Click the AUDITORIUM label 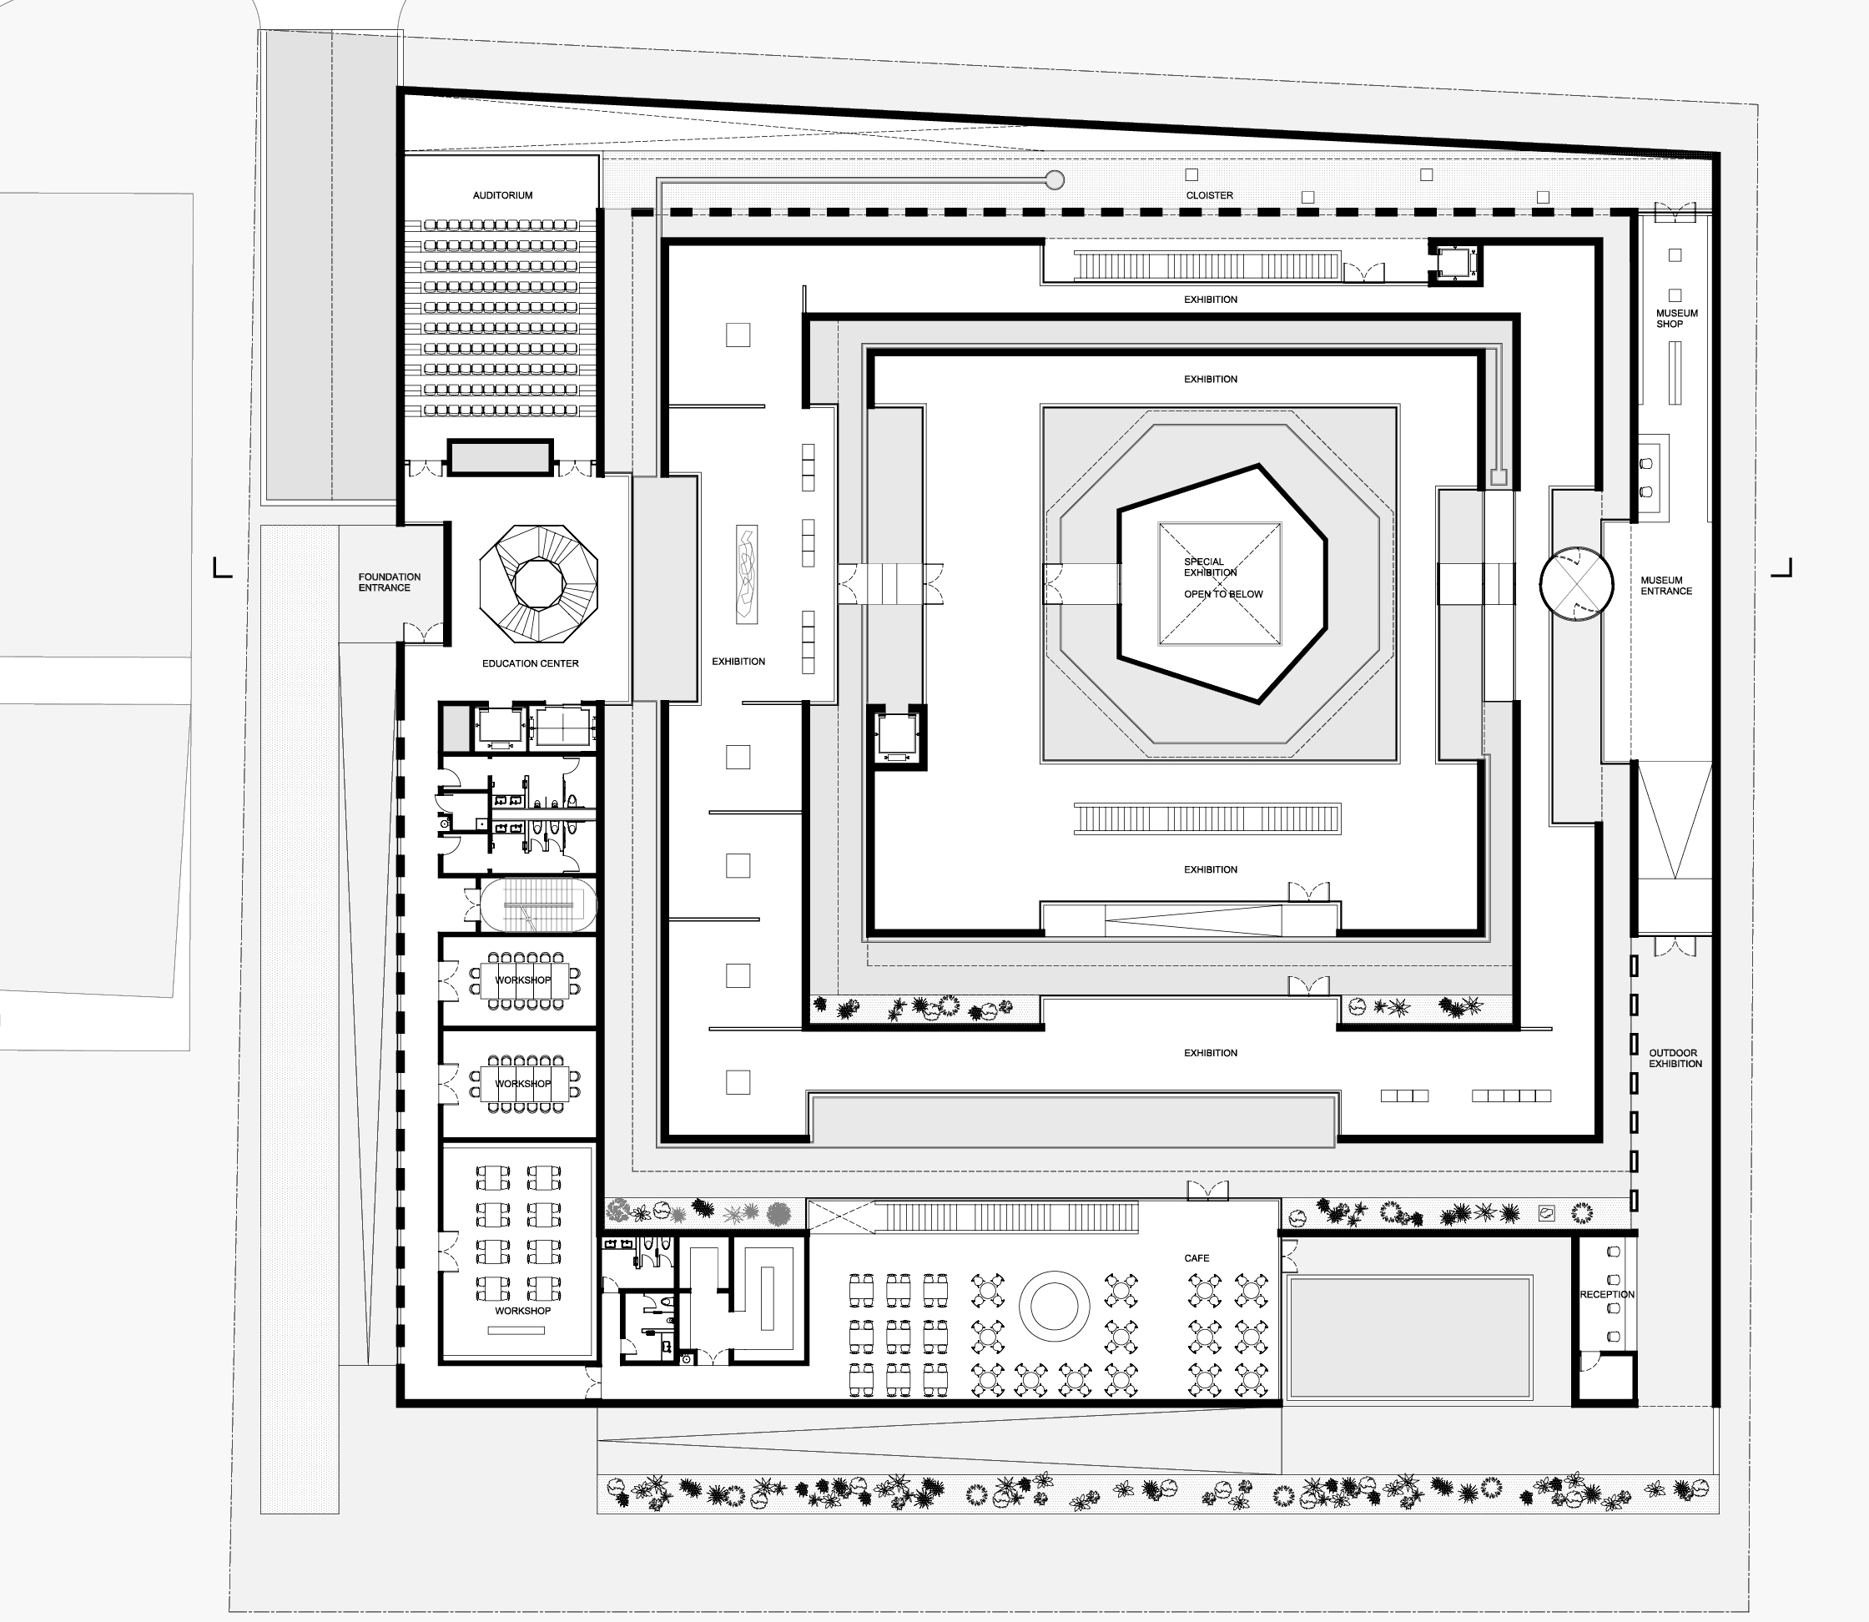(502, 195)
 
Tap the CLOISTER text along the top (1209, 195)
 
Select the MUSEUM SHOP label (1676, 319)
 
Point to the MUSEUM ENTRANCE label (1665, 586)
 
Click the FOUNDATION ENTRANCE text (389, 582)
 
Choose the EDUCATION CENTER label (530, 663)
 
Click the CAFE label (1196, 1258)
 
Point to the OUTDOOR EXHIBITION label (1675, 1058)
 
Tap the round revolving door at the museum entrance (1576, 584)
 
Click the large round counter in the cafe (1054, 1307)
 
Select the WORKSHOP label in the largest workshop (522, 1311)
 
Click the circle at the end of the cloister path (1054, 180)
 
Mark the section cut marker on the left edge (221, 568)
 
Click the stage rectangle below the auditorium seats (501, 458)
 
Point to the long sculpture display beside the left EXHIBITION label (747, 574)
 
